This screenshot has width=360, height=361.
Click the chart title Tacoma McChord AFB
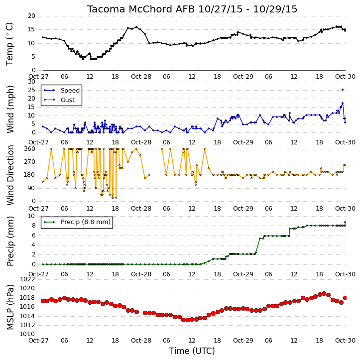point(140,9)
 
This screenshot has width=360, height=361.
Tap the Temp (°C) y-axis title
point(9,44)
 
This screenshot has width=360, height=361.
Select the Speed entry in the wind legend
point(70,90)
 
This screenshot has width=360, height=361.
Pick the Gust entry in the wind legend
point(68,100)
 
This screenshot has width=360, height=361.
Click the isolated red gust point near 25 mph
point(343,90)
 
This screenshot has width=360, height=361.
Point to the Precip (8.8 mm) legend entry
point(86,222)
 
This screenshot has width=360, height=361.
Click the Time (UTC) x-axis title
point(192,351)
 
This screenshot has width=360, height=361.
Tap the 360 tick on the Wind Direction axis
point(30,149)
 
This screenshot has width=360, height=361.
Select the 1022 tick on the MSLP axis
point(27,279)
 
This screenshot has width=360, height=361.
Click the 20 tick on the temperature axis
point(31,16)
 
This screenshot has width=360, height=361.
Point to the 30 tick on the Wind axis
point(31,82)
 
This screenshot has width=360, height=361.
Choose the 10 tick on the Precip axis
point(31,216)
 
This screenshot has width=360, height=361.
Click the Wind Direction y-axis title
point(10,175)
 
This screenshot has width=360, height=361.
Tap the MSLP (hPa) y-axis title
point(10,307)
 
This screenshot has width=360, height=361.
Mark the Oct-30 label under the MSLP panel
point(345,340)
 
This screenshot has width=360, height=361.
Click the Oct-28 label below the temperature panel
point(141,77)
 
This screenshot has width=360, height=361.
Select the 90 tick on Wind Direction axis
point(31,188)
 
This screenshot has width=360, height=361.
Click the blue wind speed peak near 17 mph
point(343,103)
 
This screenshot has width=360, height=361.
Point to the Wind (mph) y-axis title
point(10,110)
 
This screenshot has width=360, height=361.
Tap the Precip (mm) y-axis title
point(10,241)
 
